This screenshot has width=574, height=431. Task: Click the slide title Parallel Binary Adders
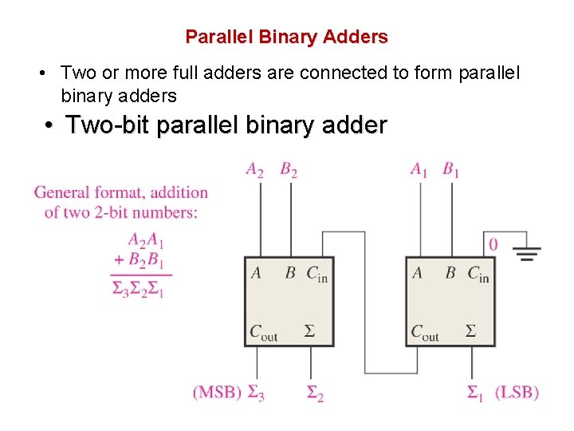point(286,37)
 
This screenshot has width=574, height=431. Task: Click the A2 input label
point(255,169)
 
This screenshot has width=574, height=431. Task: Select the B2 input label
point(289,169)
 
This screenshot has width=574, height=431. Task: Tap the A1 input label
point(419,169)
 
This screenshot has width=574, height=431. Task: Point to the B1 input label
point(451,169)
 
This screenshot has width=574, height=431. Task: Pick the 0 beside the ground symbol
point(493,244)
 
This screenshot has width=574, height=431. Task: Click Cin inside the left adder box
point(316,274)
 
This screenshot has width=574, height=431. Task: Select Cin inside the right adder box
point(478,274)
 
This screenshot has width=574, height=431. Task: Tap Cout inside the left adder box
point(264,332)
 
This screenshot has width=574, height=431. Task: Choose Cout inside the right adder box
point(425,332)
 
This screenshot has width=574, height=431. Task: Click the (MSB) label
point(216,392)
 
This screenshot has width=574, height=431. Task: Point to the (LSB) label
point(517,392)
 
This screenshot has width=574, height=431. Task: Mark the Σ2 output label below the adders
point(315,393)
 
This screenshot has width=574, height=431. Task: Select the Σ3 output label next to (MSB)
point(256,393)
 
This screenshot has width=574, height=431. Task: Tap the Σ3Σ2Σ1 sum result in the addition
point(139,289)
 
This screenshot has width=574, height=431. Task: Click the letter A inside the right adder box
point(417,273)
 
